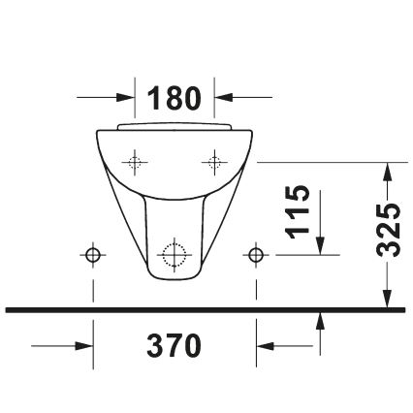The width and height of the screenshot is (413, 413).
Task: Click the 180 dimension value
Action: (175, 97)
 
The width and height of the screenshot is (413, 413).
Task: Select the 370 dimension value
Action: (175, 344)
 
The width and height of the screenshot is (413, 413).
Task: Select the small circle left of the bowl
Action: (93, 254)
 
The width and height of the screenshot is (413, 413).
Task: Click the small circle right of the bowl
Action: (256, 254)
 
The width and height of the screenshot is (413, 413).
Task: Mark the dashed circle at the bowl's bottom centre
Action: (175, 255)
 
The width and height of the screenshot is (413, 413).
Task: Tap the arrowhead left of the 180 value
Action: (125, 97)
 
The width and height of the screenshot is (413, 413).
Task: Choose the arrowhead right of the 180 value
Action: (224, 97)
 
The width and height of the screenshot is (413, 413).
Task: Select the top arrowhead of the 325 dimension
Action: (388, 173)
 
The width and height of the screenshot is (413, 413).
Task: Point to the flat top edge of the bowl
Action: (175, 126)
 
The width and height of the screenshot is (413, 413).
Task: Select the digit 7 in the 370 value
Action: (175, 344)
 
